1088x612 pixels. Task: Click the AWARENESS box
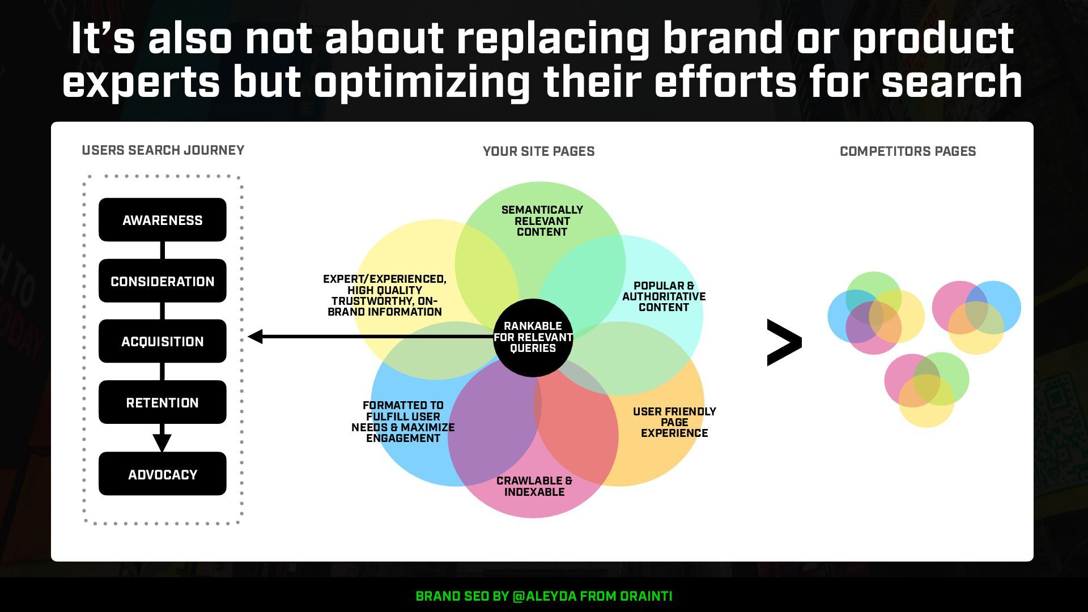click(x=163, y=220)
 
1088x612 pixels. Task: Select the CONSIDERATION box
click(x=163, y=281)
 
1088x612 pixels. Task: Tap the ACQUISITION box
click(x=163, y=341)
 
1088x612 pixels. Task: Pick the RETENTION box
click(x=163, y=402)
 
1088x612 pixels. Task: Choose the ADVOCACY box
click(x=163, y=474)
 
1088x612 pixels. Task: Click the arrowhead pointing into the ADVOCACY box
click(x=162, y=443)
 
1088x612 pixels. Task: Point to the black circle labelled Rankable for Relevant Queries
click(x=533, y=337)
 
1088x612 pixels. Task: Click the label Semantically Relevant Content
click(x=542, y=221)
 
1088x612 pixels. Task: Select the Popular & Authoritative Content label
click(x=664, y=296)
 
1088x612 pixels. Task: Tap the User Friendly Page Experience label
click(x=674, y=422)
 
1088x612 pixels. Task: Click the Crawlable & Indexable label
click(x=534, y=486)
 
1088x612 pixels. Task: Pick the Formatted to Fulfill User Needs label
click(x=403, y=422)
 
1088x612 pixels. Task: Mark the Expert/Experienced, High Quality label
click(x=385, y=295)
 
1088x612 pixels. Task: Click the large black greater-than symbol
click(x=784, y=342)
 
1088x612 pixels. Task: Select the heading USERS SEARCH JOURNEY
click(x=163, y=150)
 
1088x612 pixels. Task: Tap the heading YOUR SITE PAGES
click(x=538, y=151)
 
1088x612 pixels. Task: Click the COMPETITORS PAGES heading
click(x=908, y=151)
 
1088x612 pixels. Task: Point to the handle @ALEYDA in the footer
click(x=544, y=596)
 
